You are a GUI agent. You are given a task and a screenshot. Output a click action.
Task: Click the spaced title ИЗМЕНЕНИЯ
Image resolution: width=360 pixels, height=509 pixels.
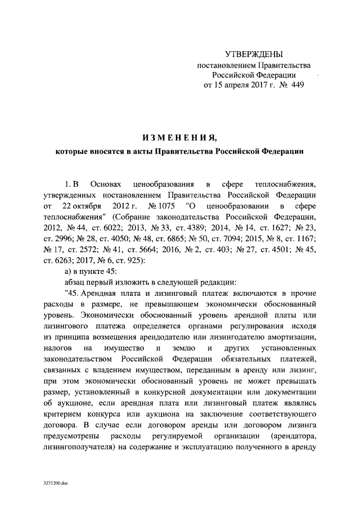point(179,137)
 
